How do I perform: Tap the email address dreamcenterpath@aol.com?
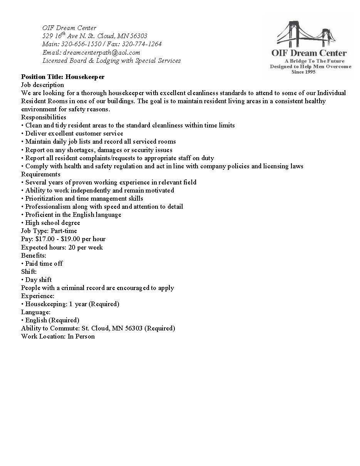point(101,52)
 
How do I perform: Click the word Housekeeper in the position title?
point(85,77)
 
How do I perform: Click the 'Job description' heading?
point(42,85)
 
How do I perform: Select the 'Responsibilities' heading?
point(44,117)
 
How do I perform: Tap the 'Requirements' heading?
point(40,174)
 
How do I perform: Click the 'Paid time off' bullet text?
point(44,263)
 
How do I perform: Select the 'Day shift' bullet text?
point(39,280)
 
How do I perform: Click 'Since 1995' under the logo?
point(303,72)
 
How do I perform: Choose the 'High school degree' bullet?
point(53,223)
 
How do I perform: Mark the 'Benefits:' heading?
point(33,255)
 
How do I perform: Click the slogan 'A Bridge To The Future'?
point(314,61)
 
